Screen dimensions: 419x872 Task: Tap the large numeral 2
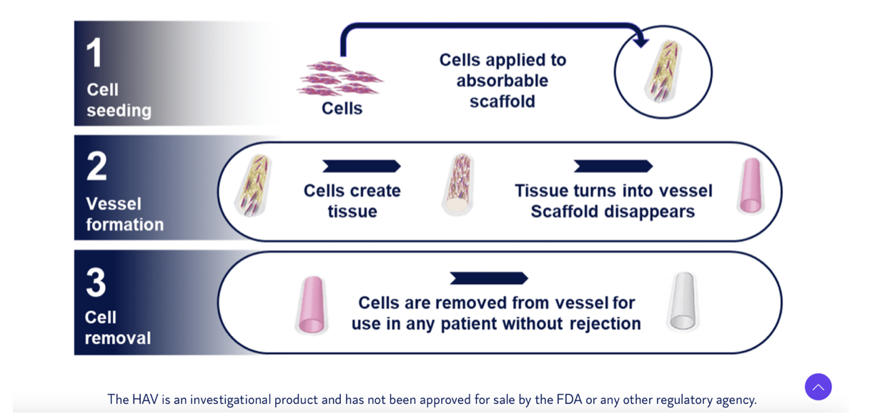[96, 166]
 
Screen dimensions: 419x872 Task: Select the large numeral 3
[96, 282]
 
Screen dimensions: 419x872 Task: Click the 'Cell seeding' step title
[119, 99]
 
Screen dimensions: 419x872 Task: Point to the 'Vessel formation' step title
[124, 214]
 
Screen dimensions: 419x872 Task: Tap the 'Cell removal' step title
[117, 327]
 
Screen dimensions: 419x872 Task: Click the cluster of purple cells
[340, 78]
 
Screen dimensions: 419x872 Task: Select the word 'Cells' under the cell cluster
[342, 108]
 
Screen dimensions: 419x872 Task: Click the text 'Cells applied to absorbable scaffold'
[502, 80]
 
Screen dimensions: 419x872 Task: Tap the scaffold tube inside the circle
[663, 71]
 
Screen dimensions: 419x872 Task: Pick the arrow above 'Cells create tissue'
[361, 166]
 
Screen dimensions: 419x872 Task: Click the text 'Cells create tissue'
[352, 201]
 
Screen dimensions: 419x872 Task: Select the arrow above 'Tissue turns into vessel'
[613, 166]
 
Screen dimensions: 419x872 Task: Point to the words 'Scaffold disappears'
[613, 212]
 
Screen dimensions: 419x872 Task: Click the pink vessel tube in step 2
[750, 186]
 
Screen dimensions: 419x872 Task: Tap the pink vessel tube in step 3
[312, 305]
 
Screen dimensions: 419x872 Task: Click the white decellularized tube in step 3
[683, 302]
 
